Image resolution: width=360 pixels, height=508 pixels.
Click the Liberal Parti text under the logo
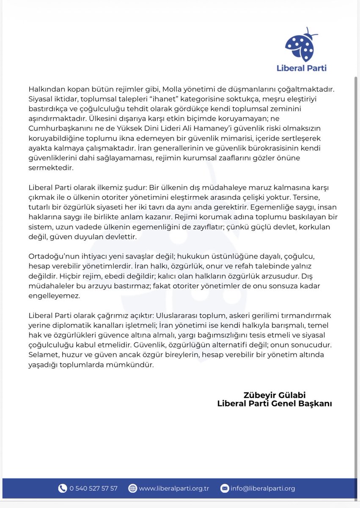coord(301,68)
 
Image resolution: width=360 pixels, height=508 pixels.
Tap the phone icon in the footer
coord(63,488)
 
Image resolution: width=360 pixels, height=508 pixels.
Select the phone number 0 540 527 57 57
coord(93,488)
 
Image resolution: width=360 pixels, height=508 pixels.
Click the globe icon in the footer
coord(133,488)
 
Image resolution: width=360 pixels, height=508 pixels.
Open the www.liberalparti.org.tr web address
coord(174,488)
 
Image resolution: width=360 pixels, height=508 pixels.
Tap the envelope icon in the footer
coord(225,488)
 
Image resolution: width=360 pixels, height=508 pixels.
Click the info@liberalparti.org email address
coord(263,488)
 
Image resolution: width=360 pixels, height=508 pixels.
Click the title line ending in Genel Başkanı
coord(274,403)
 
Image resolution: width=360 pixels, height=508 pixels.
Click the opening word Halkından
coord(46,89)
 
